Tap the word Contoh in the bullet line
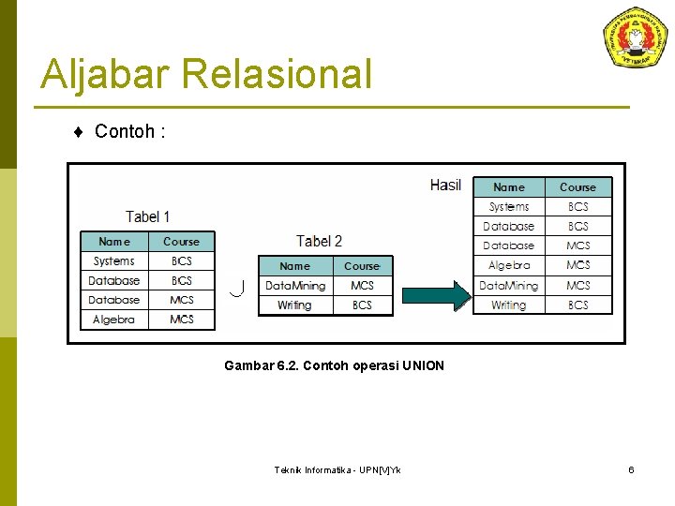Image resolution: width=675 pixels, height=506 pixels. pyautogui.click(x=124, y=131)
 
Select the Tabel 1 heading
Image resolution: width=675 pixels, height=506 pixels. pyautogui.click(x=148, y=216)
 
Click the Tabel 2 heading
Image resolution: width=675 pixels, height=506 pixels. pyautogui.click(x=319, y=242)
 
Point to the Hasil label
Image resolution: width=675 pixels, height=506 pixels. pyautogui.click(x=445, y=185)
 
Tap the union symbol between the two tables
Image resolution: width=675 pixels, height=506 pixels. pyautogui.click(x=237, y=288)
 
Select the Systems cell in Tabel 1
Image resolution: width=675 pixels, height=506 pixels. pyautogui.click(x=114, y=261)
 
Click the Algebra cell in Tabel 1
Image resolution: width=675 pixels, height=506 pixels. pyautogui.click(x=114, y=320)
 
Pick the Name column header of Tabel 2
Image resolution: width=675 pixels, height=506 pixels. pyautogui.click(x=294, y=266)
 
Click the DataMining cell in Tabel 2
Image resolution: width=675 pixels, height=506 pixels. pyautogui.click(x=295, y=286)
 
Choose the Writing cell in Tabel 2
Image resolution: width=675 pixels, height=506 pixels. pyautogui.click(x=294, y=305)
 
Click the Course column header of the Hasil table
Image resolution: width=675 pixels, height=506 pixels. pyautogui.click(x=577, y=187)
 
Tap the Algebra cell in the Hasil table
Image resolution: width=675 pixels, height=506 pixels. pyautogui.click(x=509, y=265)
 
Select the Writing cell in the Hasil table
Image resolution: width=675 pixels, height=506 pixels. pyautogui.click(x=509, y=305)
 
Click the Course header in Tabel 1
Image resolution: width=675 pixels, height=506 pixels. pyautogui.click(x=181, y=242)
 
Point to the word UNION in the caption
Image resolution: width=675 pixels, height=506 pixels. pyautogui.click(x=423, y=365)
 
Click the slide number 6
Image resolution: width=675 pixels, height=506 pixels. pyautogui.click(x=631, y=469)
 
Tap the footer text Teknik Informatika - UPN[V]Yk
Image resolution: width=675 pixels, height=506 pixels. pyautogui.click(x=337, y=469)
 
